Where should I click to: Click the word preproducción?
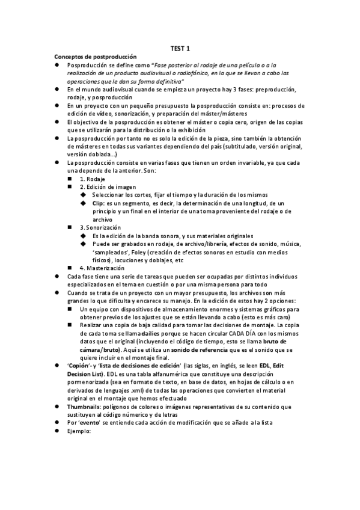[x=275, y=89]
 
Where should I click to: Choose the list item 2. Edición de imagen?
[x=108, y=187]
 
